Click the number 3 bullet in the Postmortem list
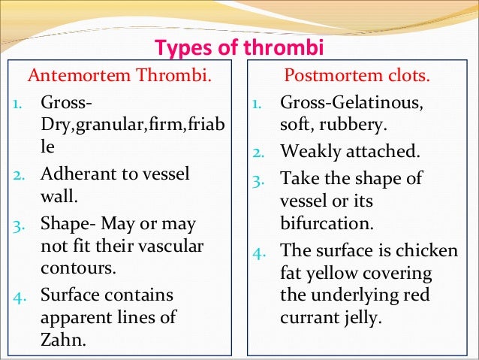pyautogui.click(x=258, y=179)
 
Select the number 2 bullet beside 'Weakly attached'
pyautogui.click(x=258, y=151)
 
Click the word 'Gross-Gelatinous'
pyautogui.click(x=351, y=101)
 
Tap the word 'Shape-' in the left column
pyautogui.click(x=65, y=224)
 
